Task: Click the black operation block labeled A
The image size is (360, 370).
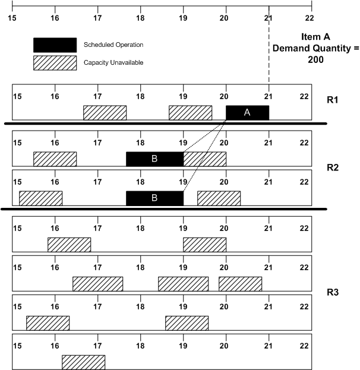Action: coord(247,113)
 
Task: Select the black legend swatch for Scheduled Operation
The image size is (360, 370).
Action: coord(55,45)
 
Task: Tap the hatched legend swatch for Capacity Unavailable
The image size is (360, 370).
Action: coord(55,62)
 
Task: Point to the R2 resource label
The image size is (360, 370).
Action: coord(333,167)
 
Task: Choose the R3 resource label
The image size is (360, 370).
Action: coord(333,293)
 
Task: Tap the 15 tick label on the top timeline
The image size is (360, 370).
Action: coord(12,17)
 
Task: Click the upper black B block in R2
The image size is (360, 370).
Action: coord(154,159)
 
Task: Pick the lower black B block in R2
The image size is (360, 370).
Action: coord(154,198)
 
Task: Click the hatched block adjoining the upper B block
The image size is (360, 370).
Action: coord(204,159)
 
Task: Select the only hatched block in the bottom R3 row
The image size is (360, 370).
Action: coord(83,362)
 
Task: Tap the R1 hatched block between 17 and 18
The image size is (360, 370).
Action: coord(105,113)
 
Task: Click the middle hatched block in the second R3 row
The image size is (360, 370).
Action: coord(183,284)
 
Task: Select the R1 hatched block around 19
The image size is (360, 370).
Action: coord(190,113)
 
